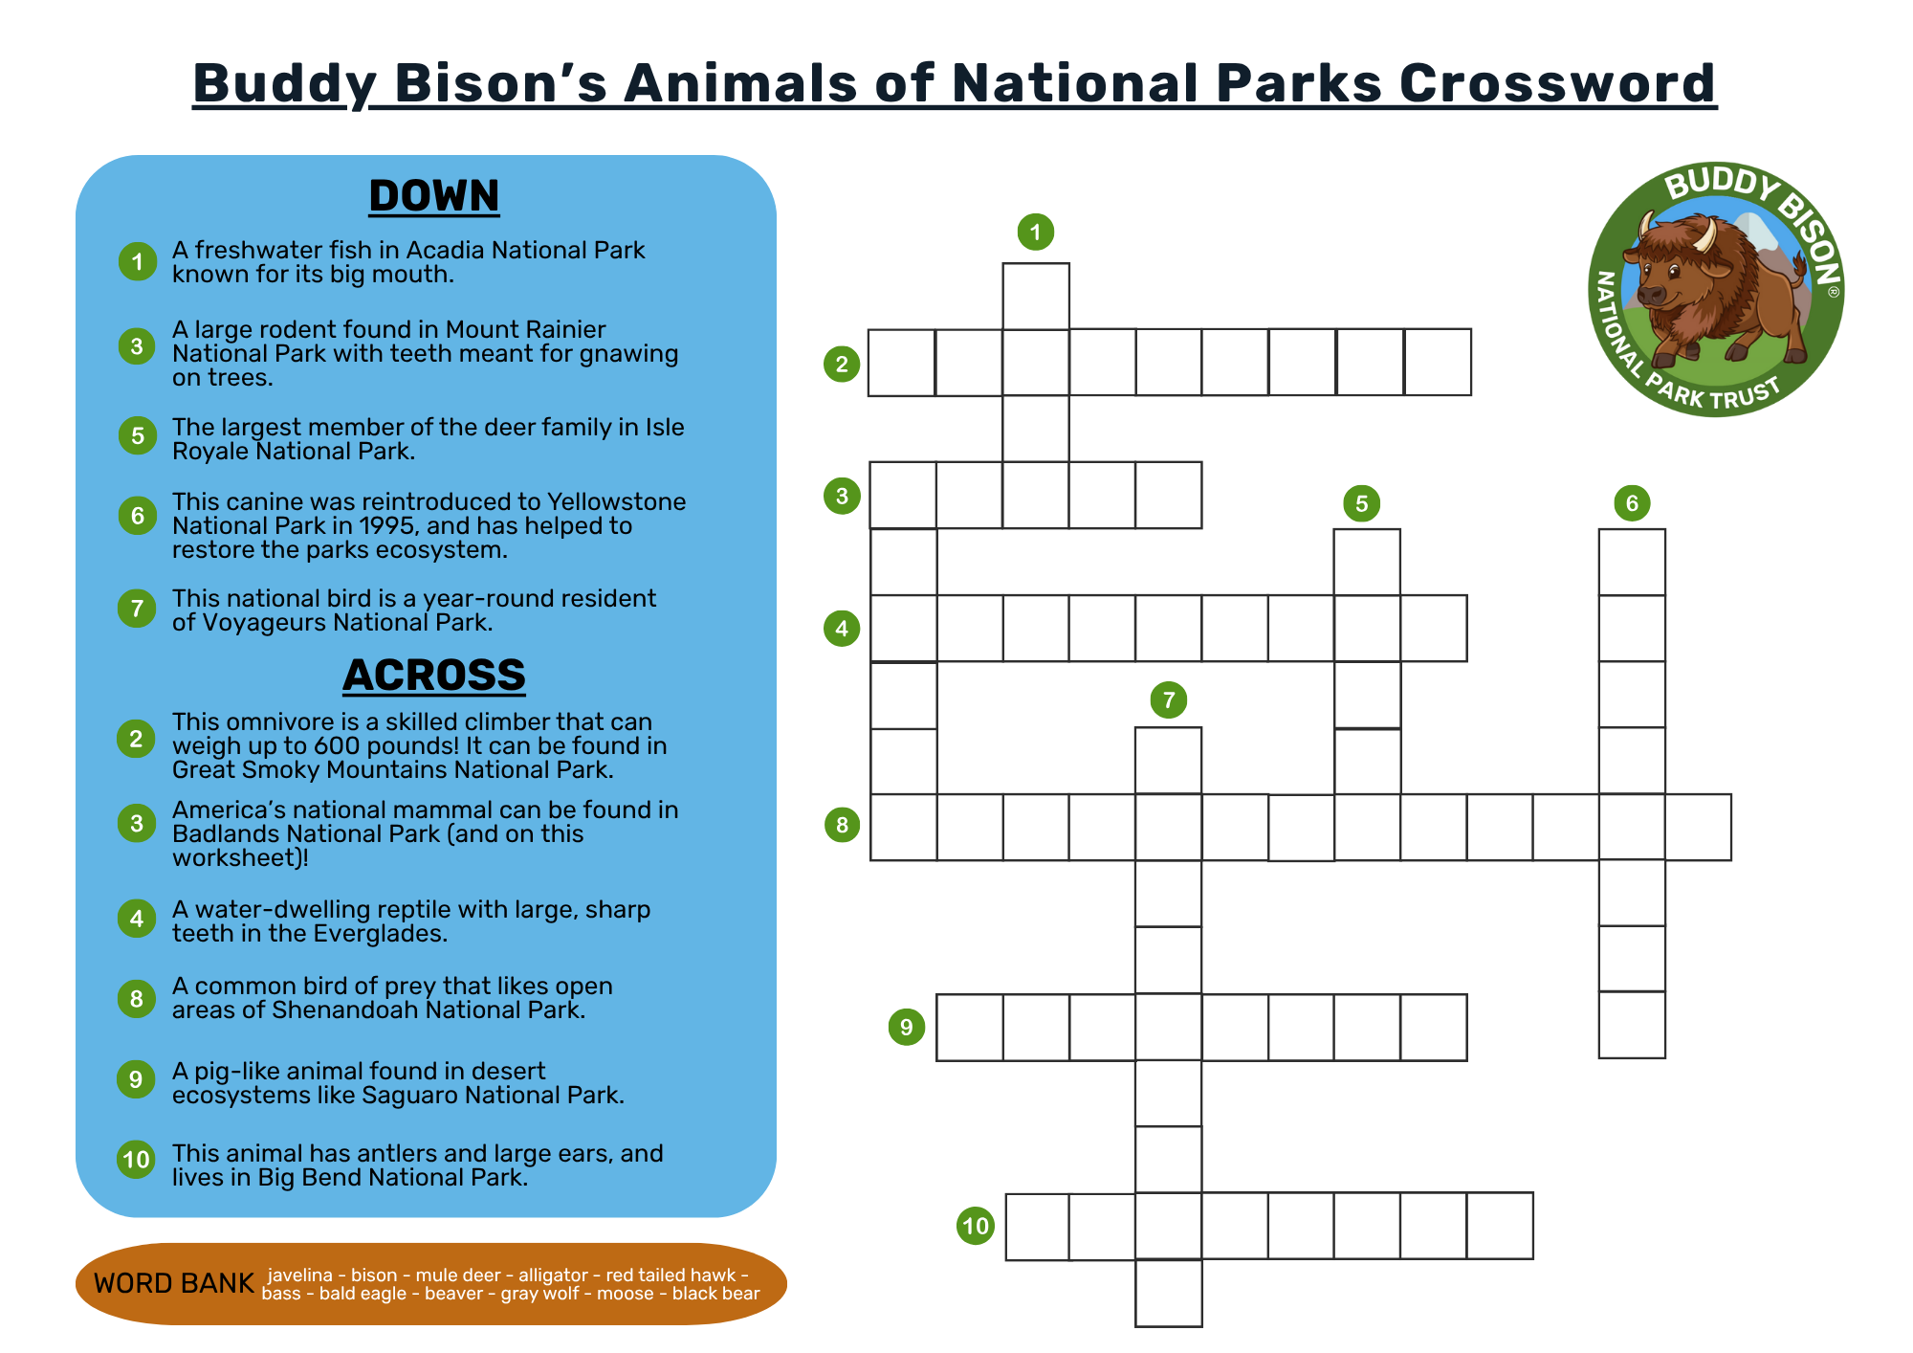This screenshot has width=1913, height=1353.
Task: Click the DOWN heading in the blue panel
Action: coord(434,195)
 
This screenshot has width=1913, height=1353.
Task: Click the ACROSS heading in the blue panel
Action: coord(434,675)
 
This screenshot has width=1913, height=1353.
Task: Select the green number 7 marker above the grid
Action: coord(1169,699)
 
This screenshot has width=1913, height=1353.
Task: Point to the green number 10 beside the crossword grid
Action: coord(976,1226)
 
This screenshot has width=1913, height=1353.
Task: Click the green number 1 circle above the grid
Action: coord(1035,232)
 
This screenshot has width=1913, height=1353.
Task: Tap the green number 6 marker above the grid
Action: coord(1632,502)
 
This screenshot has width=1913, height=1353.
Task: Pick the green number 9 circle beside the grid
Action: coord(907,1027)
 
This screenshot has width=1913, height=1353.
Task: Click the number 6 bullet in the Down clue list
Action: coord(138,516)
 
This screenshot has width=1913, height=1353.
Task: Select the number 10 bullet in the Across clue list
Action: coord(137,1160)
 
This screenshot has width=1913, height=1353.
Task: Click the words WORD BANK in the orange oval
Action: coord(174,1283)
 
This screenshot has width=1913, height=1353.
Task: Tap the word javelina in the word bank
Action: coord(300,1275)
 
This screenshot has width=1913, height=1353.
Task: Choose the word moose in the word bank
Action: coord(626,1294)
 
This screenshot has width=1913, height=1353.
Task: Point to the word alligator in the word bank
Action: coord(554,1275)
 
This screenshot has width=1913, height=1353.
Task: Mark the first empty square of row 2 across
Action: coord(902,363)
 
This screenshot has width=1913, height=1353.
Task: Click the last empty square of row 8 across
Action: coord(1698,827)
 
